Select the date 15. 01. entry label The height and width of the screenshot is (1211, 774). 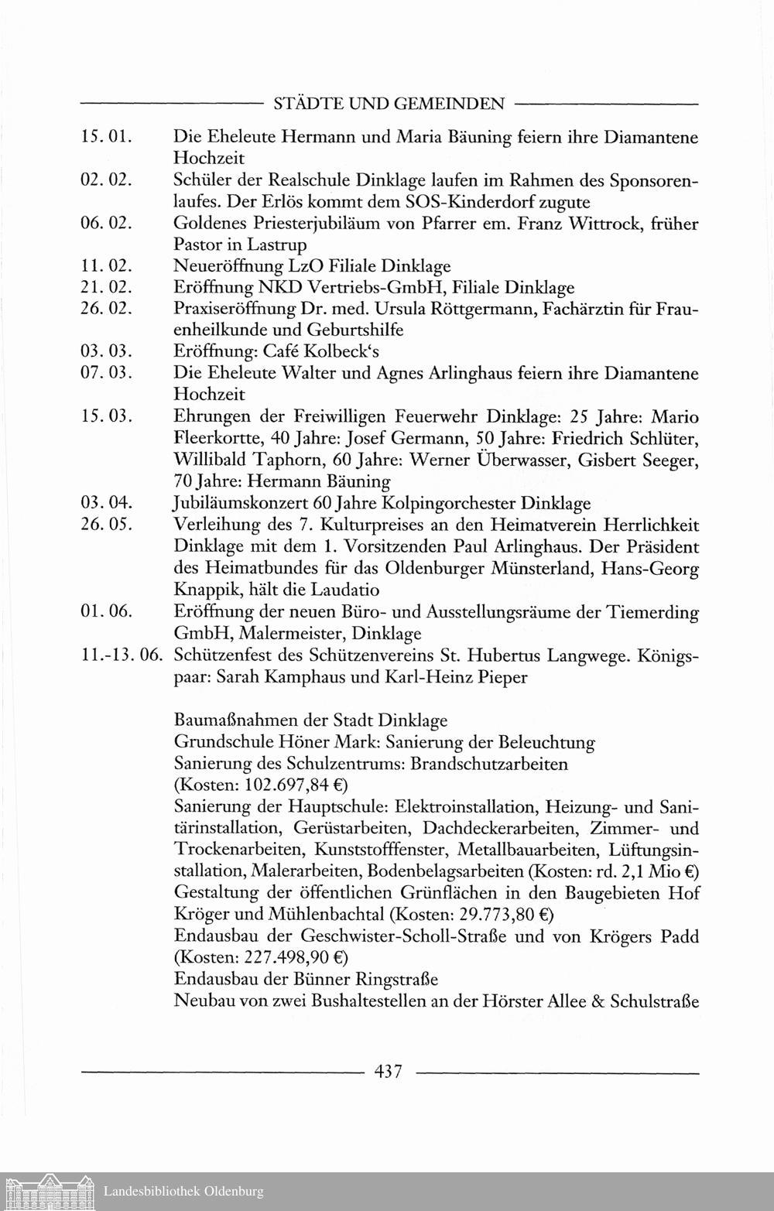click(108, 138)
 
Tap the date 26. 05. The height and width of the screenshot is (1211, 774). click(108, 525)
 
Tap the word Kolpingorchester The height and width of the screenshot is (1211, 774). click(449, 504)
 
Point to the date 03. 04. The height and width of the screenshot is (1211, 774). click(108, 504)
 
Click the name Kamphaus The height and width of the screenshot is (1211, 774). click(326, 677)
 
